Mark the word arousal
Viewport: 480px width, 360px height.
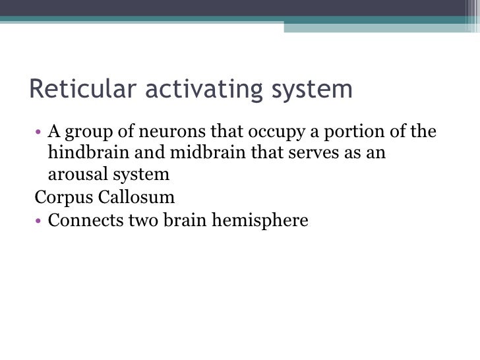point(74,175)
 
